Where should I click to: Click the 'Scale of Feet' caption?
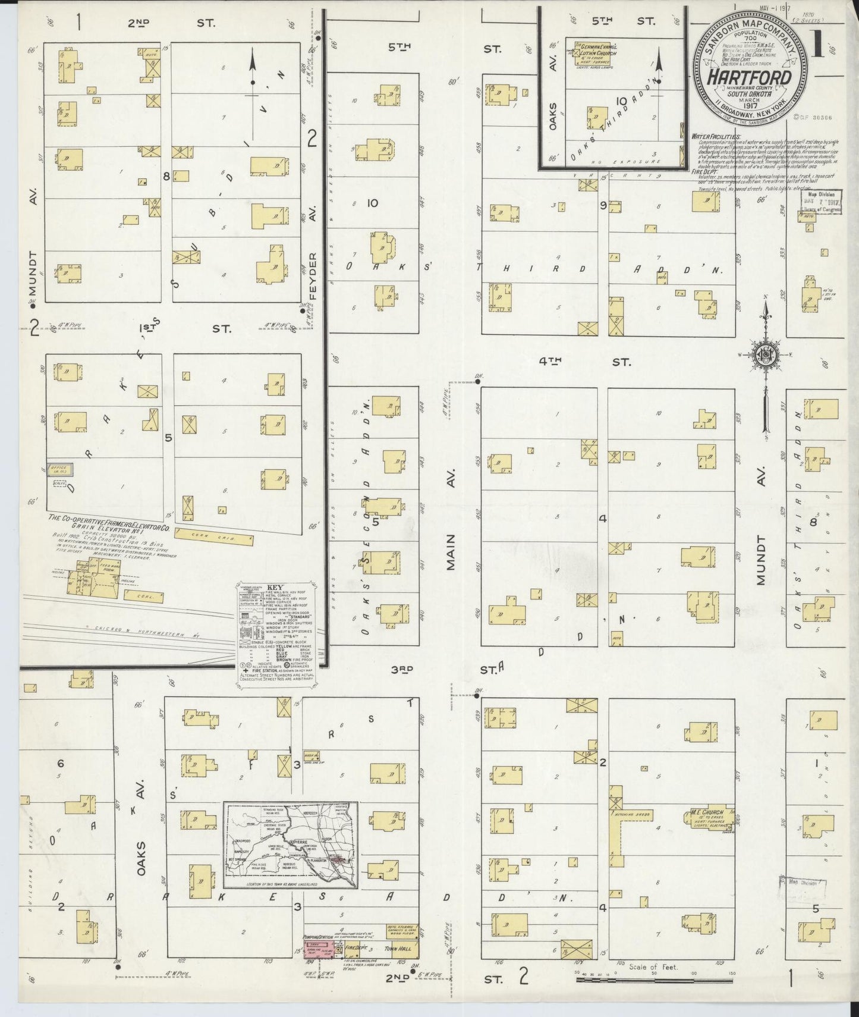tap(652, 967)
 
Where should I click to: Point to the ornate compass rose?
tap(766, 355)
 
